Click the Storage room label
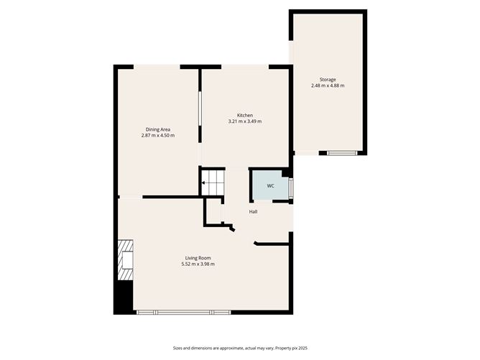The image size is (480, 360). point(328,80)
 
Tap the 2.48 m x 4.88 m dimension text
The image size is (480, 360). point(328,86)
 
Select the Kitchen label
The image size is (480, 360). point(245,116)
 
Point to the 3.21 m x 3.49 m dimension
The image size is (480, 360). point(245,121)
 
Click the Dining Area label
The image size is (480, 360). point(158,129)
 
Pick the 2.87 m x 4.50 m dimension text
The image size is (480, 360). point(158,135)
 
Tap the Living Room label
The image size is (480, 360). point(198,258)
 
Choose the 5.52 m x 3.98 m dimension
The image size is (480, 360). point(198,264)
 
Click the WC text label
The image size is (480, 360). point(270,186)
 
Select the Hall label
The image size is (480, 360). point(253,211)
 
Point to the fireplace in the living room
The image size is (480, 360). point(126,260)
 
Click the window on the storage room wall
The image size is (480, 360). point(342,153)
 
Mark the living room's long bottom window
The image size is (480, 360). point(183,313)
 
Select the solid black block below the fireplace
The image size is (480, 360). point(124,297)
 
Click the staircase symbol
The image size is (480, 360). point(213,183)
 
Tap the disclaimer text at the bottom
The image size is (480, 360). point(240,348)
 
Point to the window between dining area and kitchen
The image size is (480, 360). point(200,109)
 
